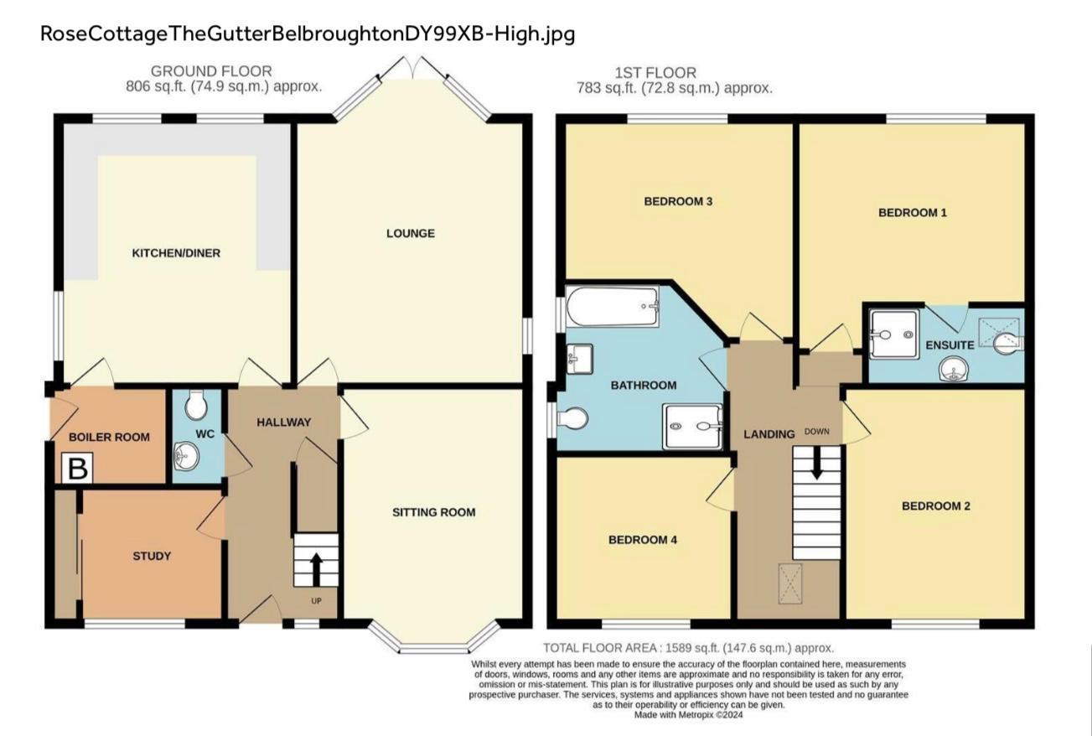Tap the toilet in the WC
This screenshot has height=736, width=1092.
click(x=197, y=406)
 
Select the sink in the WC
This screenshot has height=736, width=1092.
click(x=185, y=457)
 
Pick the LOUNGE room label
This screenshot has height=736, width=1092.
click(x=411, y=233)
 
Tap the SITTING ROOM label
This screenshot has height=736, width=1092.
click(x=434, y=512)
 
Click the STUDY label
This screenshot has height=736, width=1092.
click(x=152, y=556)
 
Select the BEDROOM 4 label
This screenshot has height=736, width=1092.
click(x=642, y=540)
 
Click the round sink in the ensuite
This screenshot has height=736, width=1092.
click(x=952, y=369)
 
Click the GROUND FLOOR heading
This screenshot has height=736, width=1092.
click(x=211, y=72)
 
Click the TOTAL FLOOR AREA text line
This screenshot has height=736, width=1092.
click(x=688, y=648)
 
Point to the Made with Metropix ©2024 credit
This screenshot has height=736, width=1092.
click(x=688, y=715)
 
